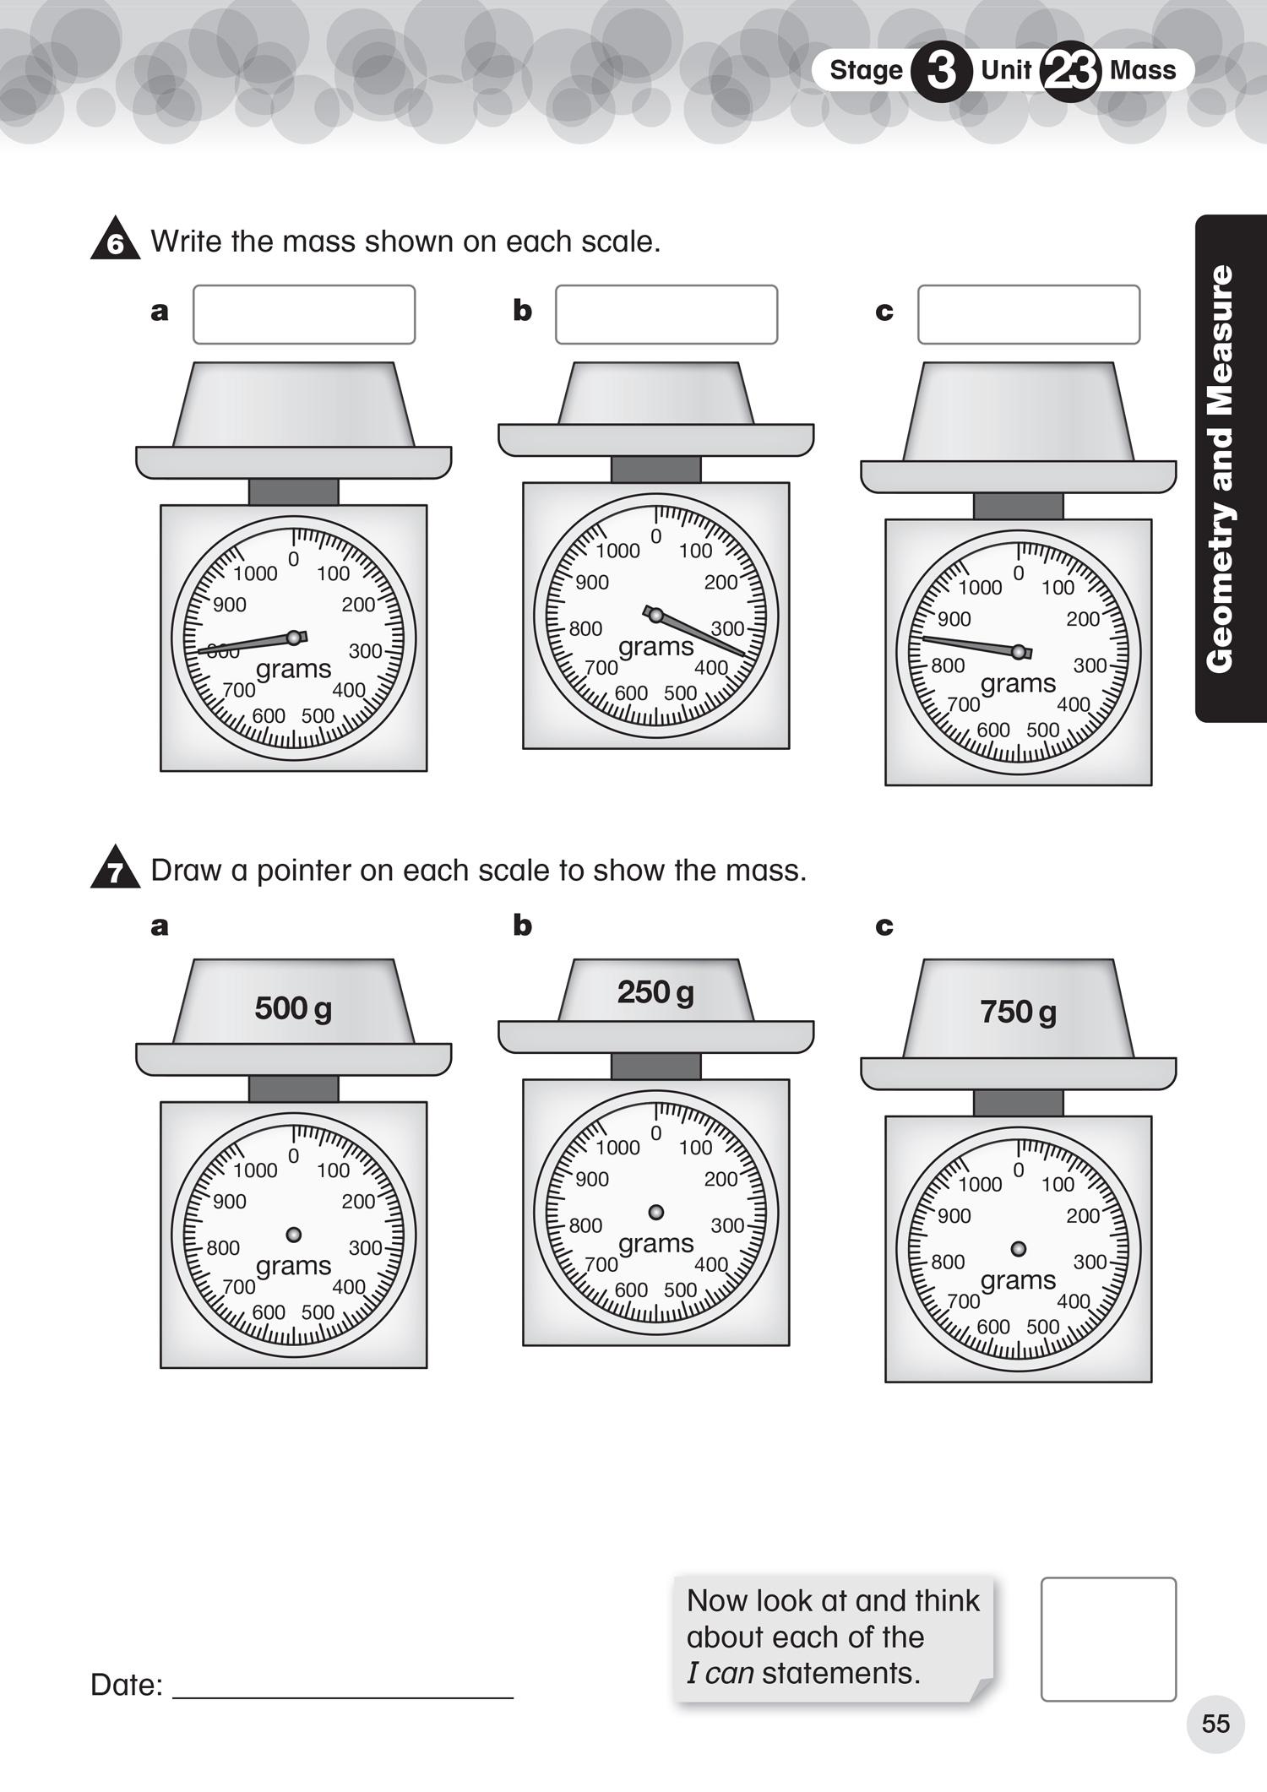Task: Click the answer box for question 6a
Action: (x=304, y=314)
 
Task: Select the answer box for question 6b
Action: (x=666, y=314)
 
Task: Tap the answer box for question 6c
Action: (x=1029, y=314)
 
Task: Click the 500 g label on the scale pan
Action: (x=293, y=1008)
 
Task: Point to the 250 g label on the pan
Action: (x=655, y=992)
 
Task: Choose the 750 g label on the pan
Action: (x=1018, y=1012)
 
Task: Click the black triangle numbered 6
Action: (x=116, y=242)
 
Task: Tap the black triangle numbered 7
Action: (x=116, y=870)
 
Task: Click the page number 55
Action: (x=1215, y=1724)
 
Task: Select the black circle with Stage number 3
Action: (x=941, y=71)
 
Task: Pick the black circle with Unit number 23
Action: (x=1070, y=71)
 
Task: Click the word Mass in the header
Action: (x=1143, y=70)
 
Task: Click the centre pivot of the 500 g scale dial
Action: (x=294, y=1235)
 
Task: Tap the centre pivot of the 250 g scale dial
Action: (x=656, y=1213)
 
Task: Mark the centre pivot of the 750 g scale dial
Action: (x=1019, y=1249)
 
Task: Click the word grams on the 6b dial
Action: (x=656, y=647)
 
